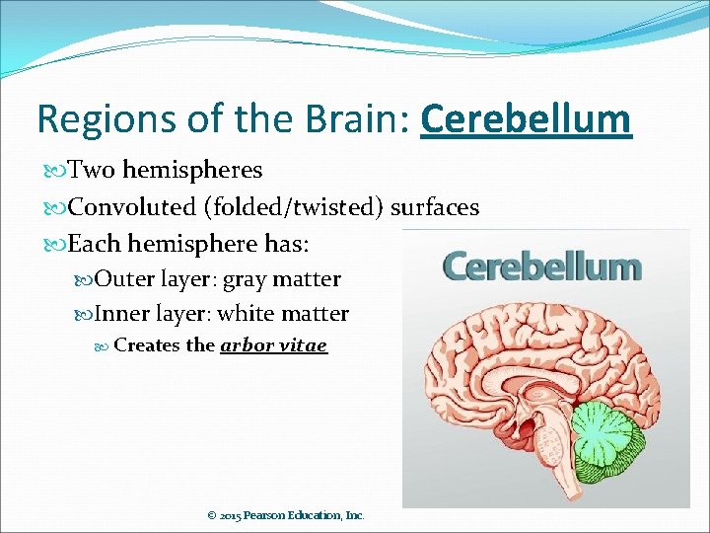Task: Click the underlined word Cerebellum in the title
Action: coord(526,119)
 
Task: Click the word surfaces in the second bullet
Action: coord(435,207)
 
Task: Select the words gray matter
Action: coord(282,280)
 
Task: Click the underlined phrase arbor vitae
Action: coord(273,345)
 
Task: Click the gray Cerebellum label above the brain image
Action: coord(541,267)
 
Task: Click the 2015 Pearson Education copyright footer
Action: coord(286,515)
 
